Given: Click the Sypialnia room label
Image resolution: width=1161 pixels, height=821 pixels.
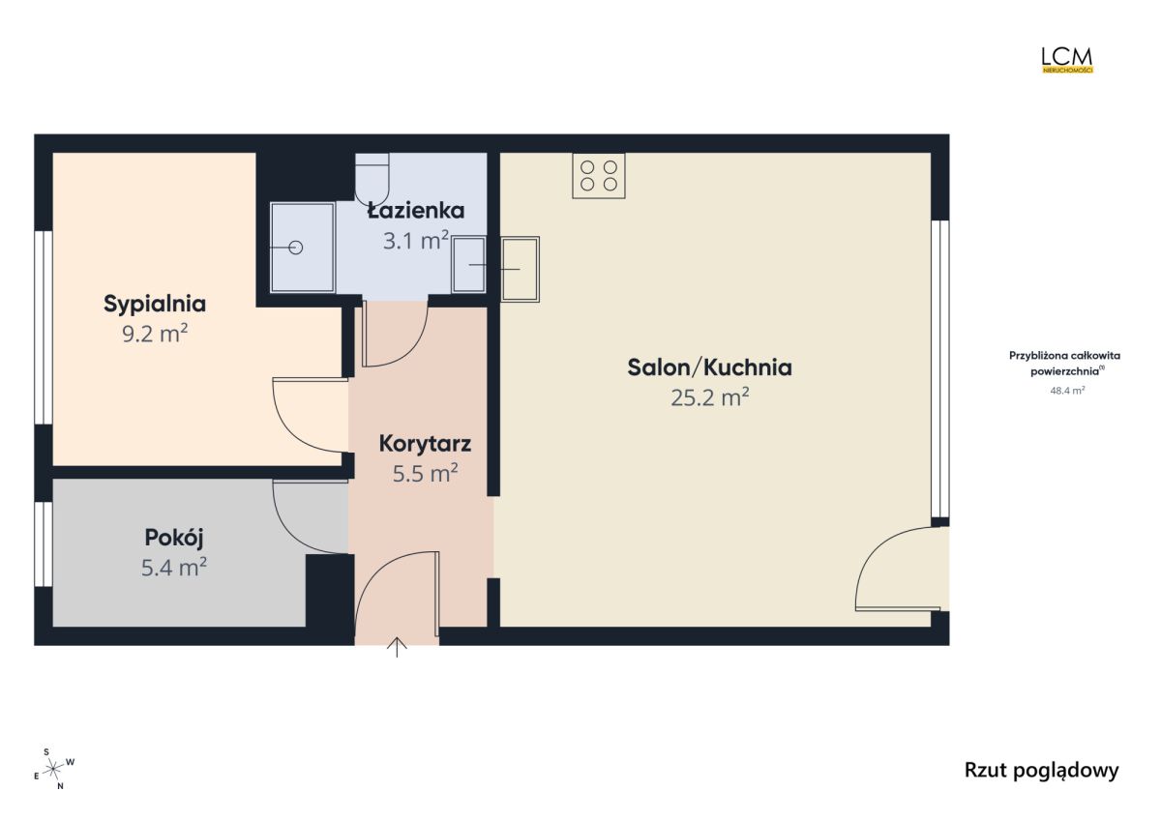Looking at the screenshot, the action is pos(155,304).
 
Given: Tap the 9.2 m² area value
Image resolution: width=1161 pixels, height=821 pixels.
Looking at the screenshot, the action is pos(155,334).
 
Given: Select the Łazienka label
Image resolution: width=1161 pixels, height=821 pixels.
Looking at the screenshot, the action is pos(416,210).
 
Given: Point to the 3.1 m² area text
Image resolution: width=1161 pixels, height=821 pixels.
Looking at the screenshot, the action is pos(416,241).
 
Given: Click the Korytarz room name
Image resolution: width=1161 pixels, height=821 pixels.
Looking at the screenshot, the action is pos(425,444).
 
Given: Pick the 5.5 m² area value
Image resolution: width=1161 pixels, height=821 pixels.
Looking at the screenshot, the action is pos(425,474).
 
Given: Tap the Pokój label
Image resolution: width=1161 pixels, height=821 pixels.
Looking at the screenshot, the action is pos(174,538).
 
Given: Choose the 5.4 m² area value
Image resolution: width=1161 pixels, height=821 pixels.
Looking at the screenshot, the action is pos(174,568).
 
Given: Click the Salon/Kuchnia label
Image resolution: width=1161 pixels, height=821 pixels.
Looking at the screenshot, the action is pos(709,367).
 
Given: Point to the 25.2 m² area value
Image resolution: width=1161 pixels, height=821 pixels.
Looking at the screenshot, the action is pos(709,397).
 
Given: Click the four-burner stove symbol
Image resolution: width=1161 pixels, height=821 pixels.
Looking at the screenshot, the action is pos(599,176).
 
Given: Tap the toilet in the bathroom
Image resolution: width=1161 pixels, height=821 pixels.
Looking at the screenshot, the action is pos(372,179).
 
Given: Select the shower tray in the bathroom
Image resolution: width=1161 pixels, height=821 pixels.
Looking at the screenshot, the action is pos(303,248).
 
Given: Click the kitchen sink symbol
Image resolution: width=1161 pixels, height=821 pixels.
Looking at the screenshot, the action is pos(521,270).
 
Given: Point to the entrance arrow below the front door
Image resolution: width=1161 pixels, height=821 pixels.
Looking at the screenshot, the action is pos(397,647).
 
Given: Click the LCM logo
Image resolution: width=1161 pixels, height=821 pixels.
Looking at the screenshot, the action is pos(1067,60).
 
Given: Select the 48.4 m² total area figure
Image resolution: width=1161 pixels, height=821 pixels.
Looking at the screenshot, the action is pos(1067,391).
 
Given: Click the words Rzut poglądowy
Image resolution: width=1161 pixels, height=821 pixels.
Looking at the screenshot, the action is pos(1041,771).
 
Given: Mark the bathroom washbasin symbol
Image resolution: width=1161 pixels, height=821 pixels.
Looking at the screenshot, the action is pos(468,265).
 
